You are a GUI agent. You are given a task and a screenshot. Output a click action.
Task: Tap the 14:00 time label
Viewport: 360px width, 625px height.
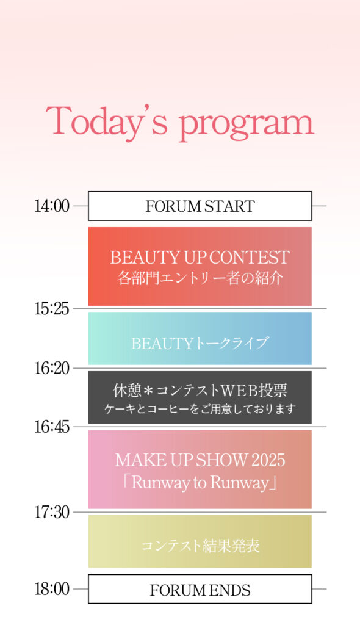(52, 206)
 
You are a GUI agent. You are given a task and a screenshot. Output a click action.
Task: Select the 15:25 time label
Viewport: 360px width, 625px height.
(52, 309)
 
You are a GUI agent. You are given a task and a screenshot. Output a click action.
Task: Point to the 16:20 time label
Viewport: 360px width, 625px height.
(52, 368)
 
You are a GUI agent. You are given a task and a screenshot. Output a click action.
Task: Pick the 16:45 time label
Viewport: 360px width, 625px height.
(52, 427)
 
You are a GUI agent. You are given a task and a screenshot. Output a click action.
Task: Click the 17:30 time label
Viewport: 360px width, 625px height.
(52, 513)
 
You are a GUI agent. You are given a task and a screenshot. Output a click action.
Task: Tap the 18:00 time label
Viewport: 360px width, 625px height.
(52, 589)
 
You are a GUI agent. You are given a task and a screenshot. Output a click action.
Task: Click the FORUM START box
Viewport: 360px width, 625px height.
(200, 206)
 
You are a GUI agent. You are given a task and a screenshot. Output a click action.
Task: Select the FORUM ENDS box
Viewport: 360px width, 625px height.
(200, 589)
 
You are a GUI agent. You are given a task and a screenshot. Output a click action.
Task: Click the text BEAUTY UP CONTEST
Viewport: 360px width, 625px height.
(200, 258)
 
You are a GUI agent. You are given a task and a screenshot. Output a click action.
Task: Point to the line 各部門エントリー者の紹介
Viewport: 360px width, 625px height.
(200, 278)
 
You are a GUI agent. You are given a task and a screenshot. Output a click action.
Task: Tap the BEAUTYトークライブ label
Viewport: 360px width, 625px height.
(200, 343)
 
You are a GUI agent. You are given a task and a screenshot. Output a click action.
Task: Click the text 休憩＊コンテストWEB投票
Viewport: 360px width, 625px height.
(200, 391)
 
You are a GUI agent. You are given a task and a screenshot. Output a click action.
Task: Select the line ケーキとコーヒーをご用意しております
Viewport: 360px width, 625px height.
(200, 409)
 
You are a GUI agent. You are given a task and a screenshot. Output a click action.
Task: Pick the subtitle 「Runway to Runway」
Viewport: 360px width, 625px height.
(200, 483)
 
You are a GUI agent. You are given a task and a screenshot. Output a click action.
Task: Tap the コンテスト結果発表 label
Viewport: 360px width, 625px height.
(200, 546)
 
